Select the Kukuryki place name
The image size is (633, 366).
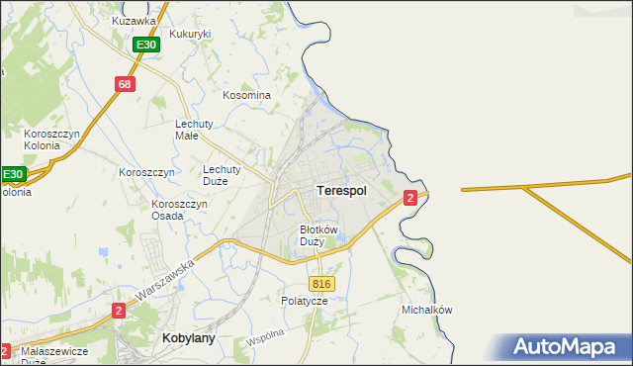point(191,34)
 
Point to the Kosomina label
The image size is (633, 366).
point(246,95)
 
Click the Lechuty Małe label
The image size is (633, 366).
point(193,130)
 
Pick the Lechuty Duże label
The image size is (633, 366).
point(223,175)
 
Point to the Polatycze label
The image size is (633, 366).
point(304,300)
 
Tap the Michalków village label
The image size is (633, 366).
point(426,310)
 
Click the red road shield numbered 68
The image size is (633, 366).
point(124,84)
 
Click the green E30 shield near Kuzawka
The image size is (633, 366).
point(146,46)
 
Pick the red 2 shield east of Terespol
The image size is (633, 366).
point(409,199)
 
